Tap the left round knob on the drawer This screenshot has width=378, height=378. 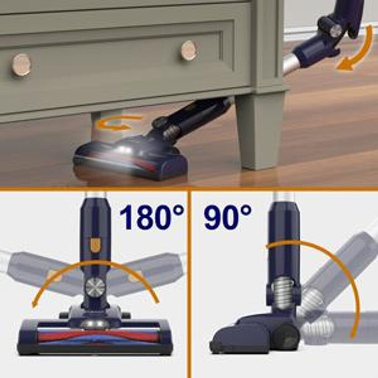tap(21, 65)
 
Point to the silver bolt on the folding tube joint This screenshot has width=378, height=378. tap(336, 31)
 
